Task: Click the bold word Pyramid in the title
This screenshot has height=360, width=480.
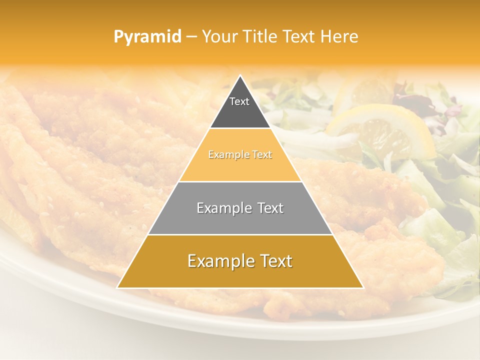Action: [x=147, y=37]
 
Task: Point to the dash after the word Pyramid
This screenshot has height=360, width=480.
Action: [x=191, y=37]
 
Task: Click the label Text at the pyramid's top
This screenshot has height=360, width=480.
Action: [x=239, y=101]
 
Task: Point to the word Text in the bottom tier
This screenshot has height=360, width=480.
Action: [x=274, y=261]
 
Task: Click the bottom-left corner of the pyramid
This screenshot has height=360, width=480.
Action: [x=117, y=287]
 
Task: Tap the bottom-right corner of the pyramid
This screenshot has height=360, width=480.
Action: [x=363, y=287]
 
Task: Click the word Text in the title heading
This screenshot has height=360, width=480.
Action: [x=300, y=37]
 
